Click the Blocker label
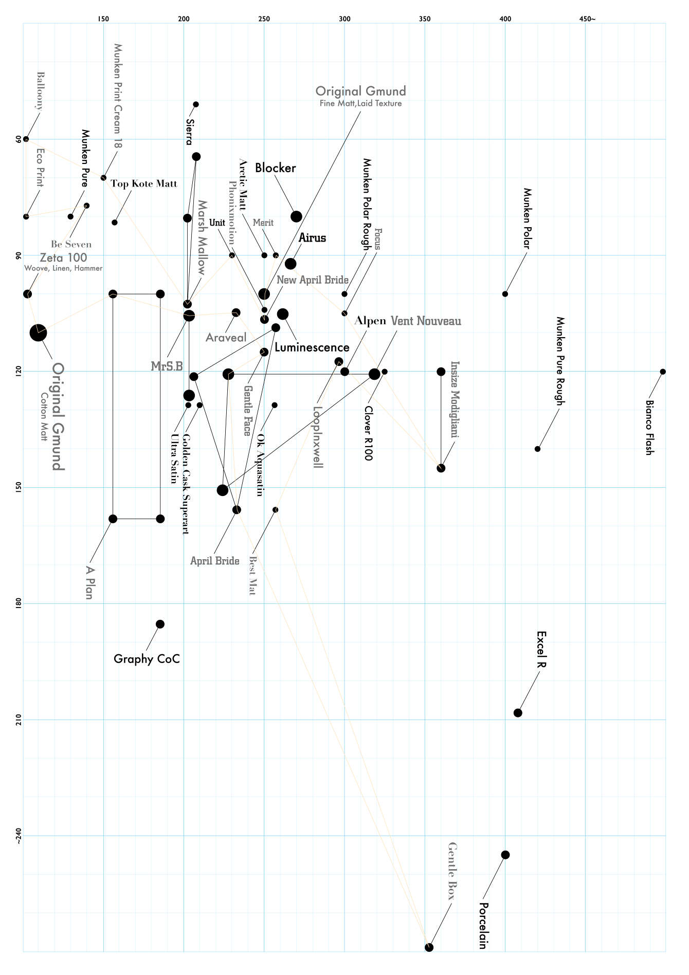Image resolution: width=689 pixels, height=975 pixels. [275, 168]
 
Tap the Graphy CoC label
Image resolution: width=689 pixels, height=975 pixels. [147, 659]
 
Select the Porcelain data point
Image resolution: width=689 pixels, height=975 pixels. [505, 855]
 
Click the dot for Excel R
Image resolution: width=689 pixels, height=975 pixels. [518, 713]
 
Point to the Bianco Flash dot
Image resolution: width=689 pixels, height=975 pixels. [663, 372]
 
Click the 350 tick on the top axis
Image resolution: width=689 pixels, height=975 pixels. [425, 19]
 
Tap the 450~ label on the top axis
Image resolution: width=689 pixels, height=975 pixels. [587, 19]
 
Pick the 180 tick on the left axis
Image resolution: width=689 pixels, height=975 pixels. [19, 603]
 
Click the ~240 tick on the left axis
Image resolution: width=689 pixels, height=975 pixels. [19, 836]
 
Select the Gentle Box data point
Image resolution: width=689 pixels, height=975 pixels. [429, 947]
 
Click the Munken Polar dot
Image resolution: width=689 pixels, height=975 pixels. [505, 294]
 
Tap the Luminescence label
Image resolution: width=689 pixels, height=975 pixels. [312, 347]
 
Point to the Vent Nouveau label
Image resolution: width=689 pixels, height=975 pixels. [426, 321]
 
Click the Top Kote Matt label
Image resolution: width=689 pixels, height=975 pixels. [143, 184]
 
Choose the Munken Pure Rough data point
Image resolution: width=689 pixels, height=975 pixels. [537, 449]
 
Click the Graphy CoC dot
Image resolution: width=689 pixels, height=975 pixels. [160, 624]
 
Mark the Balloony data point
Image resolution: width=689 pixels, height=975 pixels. [26, 139]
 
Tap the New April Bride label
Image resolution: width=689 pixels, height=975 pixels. [312, 280]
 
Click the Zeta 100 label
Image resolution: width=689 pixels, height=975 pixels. [63, 257]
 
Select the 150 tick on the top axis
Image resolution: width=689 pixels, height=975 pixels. [103, 19]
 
